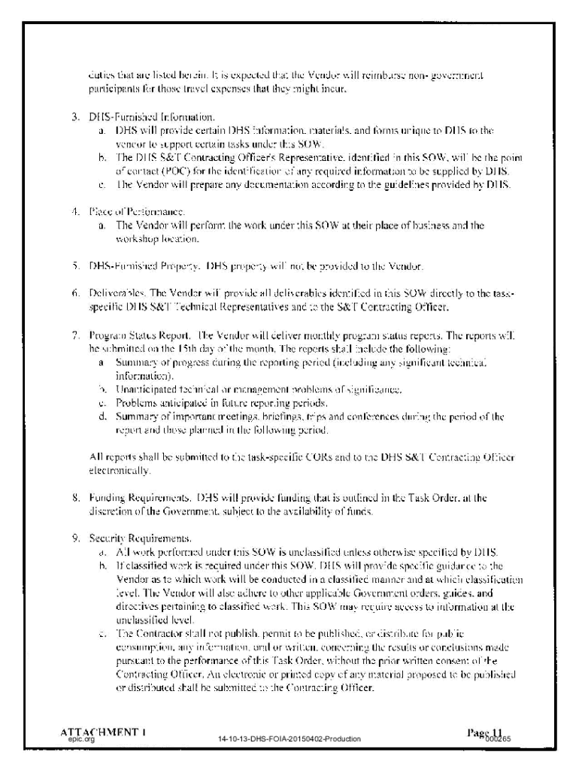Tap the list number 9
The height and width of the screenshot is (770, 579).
point(75,538)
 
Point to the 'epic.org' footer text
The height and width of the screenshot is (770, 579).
point(81,739)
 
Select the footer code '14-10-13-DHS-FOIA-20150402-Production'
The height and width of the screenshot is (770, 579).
point(289,739)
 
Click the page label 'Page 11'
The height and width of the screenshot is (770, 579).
point(484,732)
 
